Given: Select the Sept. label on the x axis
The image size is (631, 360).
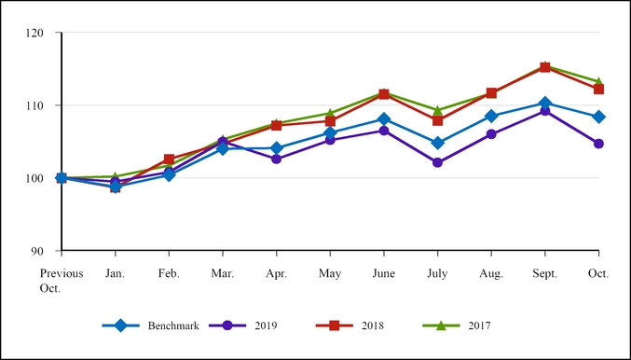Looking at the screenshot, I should point(544,273).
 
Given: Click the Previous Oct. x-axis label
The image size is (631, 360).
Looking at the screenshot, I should point(62,281).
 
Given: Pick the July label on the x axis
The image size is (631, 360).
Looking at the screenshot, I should point(437,273).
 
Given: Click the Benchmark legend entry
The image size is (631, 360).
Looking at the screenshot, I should point(149,325).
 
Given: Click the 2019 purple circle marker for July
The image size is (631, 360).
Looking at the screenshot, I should point(437,162).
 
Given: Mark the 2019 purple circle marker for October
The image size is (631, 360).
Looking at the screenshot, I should point(598,144).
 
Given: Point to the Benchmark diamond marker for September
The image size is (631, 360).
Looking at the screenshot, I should point(544,103).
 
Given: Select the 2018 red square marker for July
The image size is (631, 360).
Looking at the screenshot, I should point(437,120).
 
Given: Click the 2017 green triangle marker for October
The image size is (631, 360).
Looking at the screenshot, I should point(598,81).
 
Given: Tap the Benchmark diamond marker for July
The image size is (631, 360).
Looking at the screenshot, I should point(437,143).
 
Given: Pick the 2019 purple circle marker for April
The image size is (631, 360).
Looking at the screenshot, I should point(276,159).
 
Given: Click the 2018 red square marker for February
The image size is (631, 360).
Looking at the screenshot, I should point(169,159).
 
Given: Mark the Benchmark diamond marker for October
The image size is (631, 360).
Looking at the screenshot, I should point(598,117).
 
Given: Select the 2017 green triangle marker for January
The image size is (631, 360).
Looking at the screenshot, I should point(115,176).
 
